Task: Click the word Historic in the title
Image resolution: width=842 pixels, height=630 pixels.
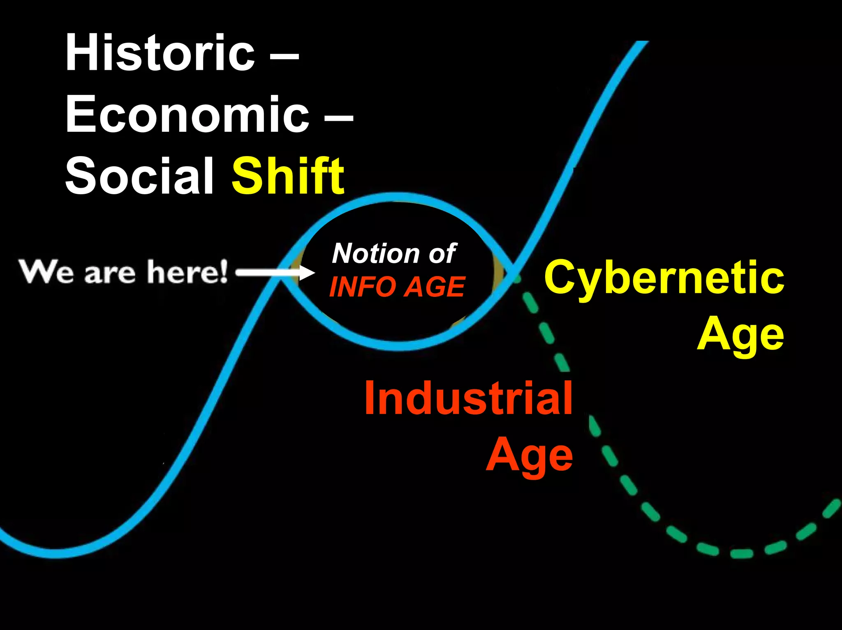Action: (160, 53)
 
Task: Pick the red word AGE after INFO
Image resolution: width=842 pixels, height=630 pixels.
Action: (434, 287)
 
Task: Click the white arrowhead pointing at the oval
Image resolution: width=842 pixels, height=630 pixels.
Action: (306, 272)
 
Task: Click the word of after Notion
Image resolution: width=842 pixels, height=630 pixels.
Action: (442, 253)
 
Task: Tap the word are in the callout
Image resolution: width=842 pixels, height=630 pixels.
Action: (110, 274)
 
